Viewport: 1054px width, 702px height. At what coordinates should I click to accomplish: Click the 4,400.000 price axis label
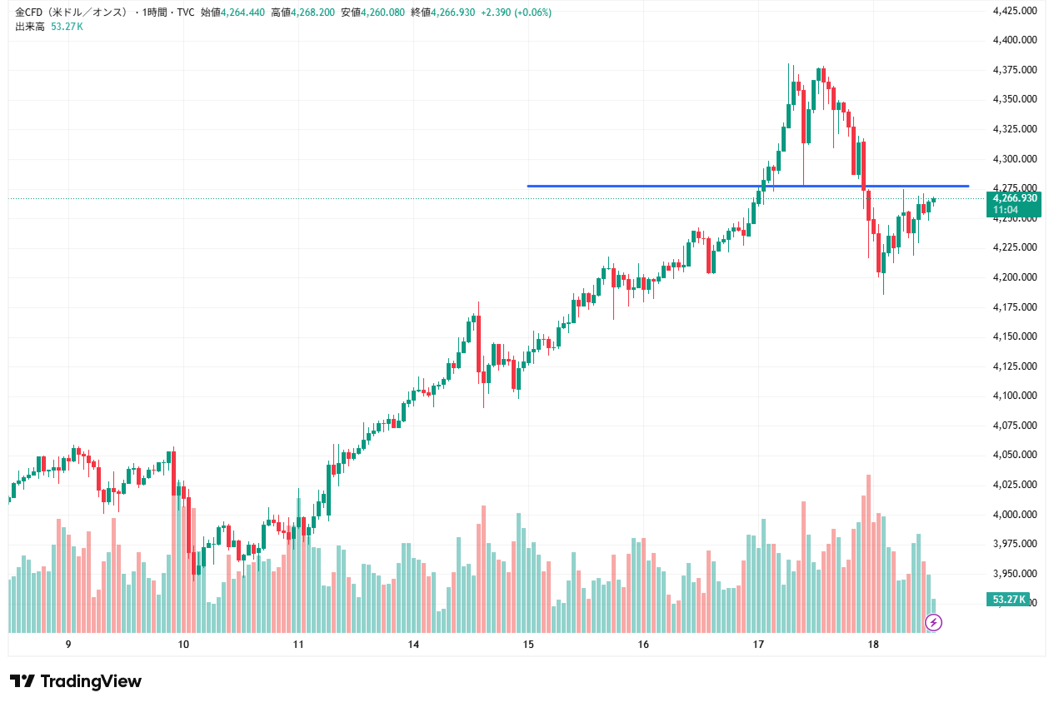[1015, 40]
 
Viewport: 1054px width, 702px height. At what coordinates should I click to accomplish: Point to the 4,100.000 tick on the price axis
[1015, 396]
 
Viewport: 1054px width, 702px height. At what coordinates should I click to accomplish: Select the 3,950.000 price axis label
[1015, 574]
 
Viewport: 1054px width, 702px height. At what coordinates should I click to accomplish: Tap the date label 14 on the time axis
[413, 645]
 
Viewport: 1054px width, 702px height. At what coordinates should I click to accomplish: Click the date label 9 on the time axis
[68, 645]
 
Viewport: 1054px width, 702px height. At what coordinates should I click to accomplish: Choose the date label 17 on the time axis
[758, 645]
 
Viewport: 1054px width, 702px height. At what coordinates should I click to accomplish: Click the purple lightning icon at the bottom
[934, 622]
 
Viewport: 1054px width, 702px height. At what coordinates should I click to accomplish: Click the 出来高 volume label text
[29, 27]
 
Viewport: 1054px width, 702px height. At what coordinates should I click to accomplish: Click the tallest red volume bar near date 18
[868, 554]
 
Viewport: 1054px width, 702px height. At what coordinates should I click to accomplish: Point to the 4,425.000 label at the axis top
[1015, 11]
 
